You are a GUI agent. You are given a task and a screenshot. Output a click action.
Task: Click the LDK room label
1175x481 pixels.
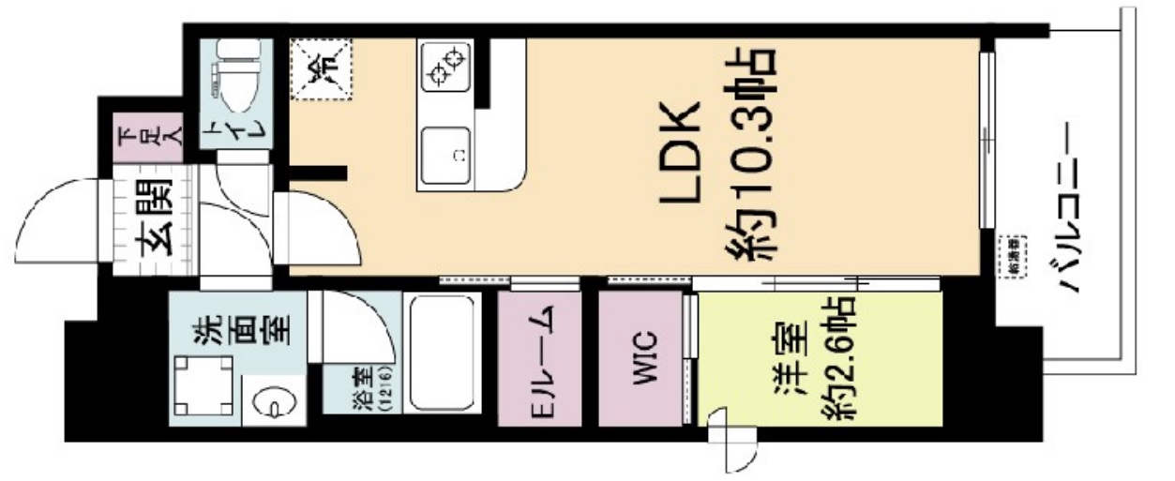(682, 152)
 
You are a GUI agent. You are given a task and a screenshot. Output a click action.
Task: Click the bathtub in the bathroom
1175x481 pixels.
(442, 353)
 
